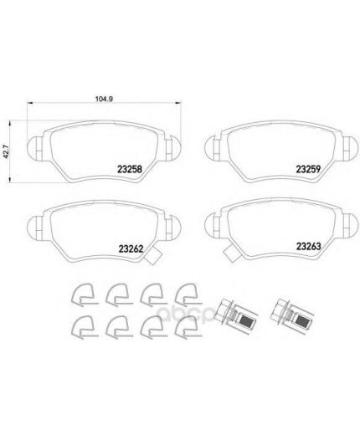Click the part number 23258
[x=130, y=169]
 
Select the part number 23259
[x=308, y=169]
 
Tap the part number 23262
[x=131, y=248]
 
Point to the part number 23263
[x=308, y=246]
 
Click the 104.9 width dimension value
[x=104, y=99]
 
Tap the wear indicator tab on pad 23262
[x=152, y=256]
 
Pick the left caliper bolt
[x=236, y=315]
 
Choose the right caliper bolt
[x=292, y=315]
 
